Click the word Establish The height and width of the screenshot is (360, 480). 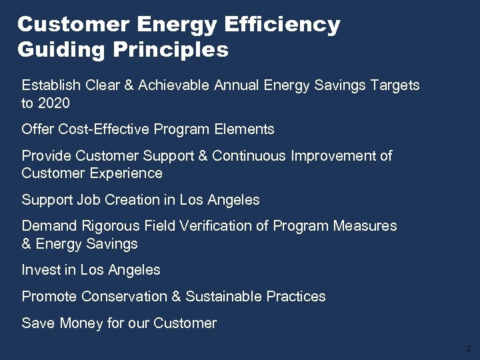pos(50,85)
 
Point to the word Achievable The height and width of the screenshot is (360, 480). pos(177,85)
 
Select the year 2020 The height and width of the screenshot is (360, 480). pos(54,103)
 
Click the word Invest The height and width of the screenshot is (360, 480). pos(40,270)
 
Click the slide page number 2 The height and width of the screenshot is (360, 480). pos(469,349)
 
